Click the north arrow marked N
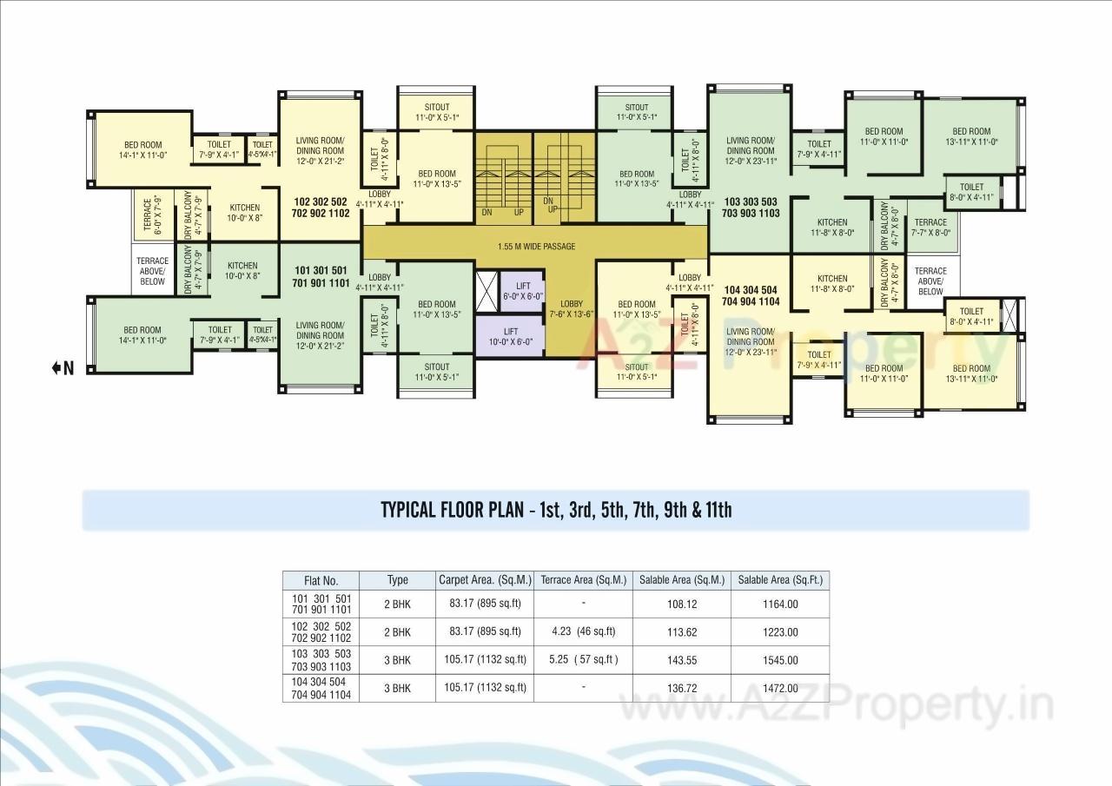pyautogui.click(x=63, y=369)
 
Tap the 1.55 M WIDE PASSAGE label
pyautogui.click(x=536, y=247)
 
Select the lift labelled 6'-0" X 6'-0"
pyautogui.click(x=522, y=291)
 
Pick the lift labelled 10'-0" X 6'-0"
pyautogui.click(x=510, y=337)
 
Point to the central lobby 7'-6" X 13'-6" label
pyautogui.click(x=571, y=309)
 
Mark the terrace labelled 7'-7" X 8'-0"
pyautogui.click(x=930, y=228)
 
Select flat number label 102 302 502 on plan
pyautogui.click(x=320, y=207)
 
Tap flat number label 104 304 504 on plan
pyautogui.click(x=751, y=295)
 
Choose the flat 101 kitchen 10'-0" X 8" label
pyautogui.click(x=242, y=271)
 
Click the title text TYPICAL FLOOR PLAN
pyautogui.click(x=556, y=510)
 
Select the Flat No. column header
pyautogui.click(x=321, y=580)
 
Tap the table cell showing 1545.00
pyautogui.click(x=779, y=660)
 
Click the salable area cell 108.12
pyautogui.click(x=681, y=604)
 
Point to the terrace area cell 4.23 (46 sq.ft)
pyautogui.click(x=583, y=631)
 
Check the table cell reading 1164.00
pyautogui.click(x=779, y=604)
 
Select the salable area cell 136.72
pyautogui.click(x=681, y=688)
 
